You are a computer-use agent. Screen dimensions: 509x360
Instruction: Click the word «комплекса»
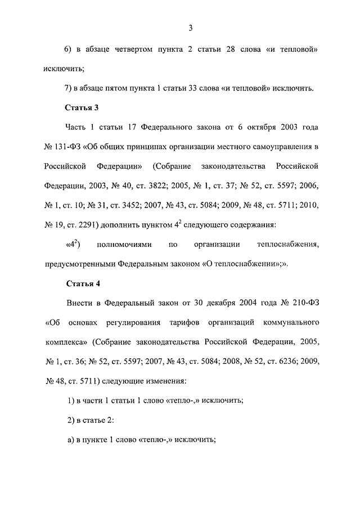pyautogui.click(x=64, y=343)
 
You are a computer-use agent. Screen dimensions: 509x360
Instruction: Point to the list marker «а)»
pyautogui.click(x=71, y=440)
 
